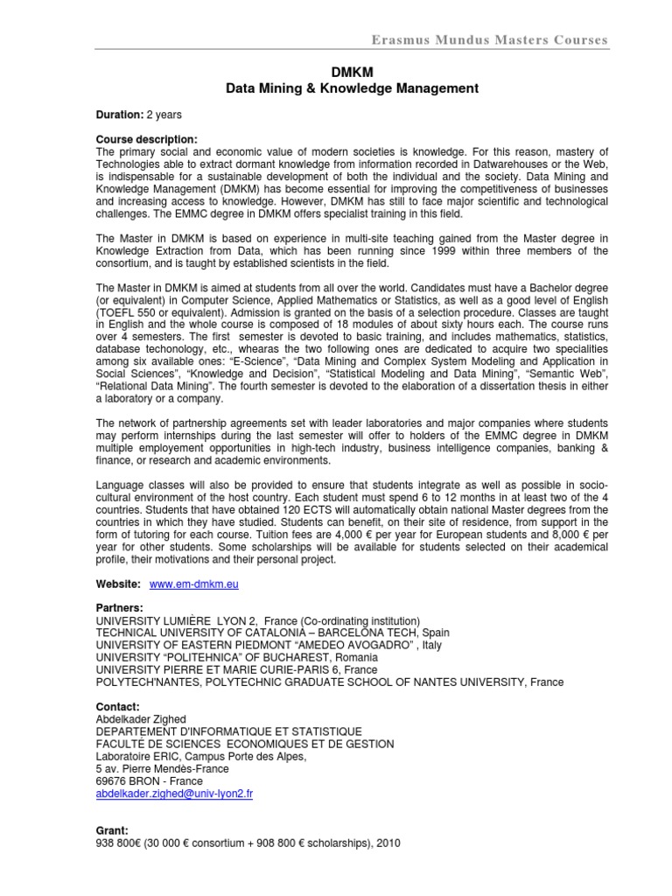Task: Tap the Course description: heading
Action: point(147,139)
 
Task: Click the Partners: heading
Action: point(120,607)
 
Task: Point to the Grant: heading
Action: point(113,829)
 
